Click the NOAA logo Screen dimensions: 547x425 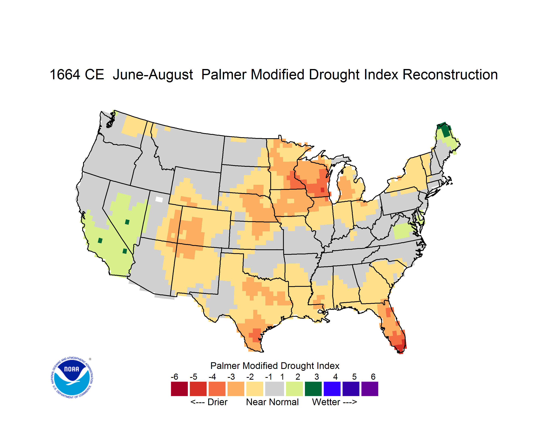72,378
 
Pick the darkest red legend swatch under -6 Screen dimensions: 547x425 179,389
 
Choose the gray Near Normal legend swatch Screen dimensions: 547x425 275,389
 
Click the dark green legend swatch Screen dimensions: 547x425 313,389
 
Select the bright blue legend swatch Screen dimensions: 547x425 332,389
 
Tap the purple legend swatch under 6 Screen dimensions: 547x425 370,389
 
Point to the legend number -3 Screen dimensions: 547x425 231,377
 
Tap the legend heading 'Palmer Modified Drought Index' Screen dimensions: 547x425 275,366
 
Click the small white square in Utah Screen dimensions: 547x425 159,199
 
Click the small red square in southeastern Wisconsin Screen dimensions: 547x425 322,190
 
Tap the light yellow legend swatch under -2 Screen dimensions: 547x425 255,389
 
